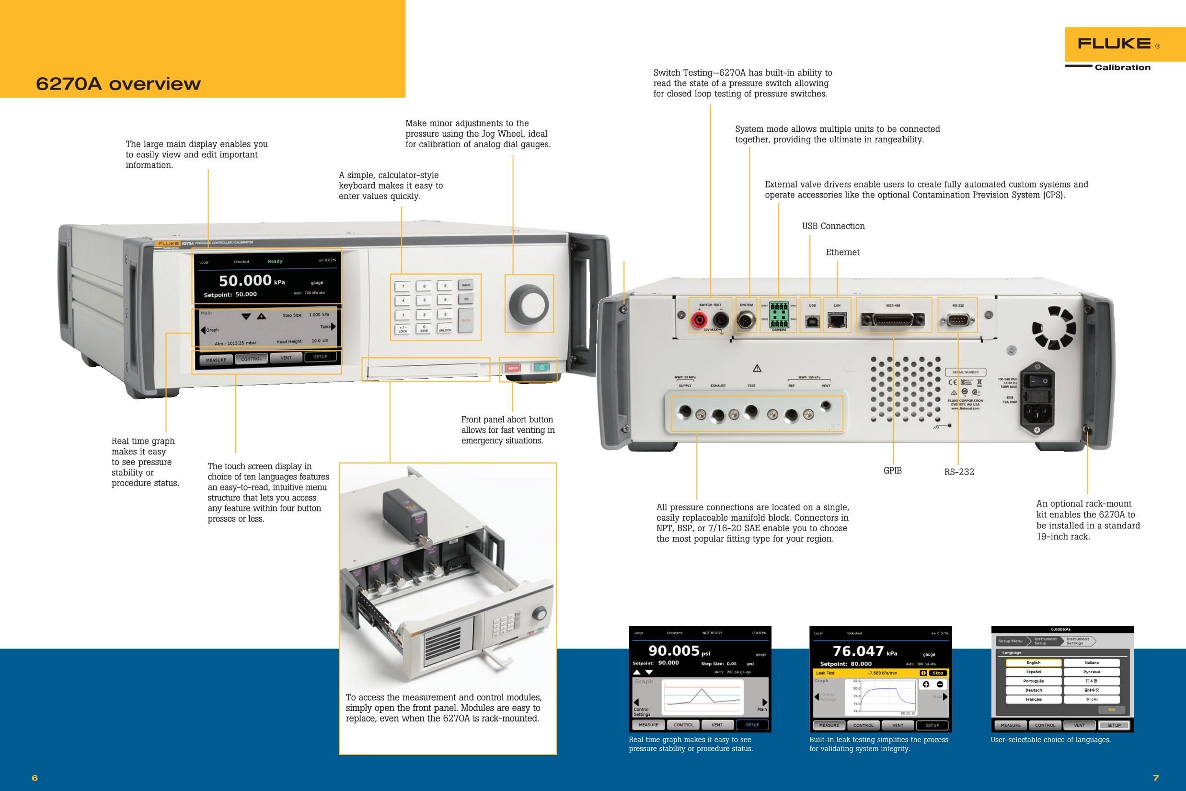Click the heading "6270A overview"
pyautogui.click(x=118, y=84)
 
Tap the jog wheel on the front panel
pyautogui.click(x=529, y=303)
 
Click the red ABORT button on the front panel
pyautogui.click(x=513, y=368)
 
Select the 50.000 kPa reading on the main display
pyautogui.click(x=251, y=280)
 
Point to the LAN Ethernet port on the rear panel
pyautogui.click(x=837, y=320)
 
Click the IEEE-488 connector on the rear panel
pyautogui.click(x=893, y=319)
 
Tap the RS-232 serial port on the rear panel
pyautogui.click(x=957, y=319)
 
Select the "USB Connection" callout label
pyautogui.click(x=833, y=226)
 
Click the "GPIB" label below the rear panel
pyautogui.click(x=893, y=471)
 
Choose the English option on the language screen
pyautogui.click(x=1033, y=663)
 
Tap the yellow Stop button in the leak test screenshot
pyautogui.click(x=937, y=673)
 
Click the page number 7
pyautogui.click(x=1156, y=778)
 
